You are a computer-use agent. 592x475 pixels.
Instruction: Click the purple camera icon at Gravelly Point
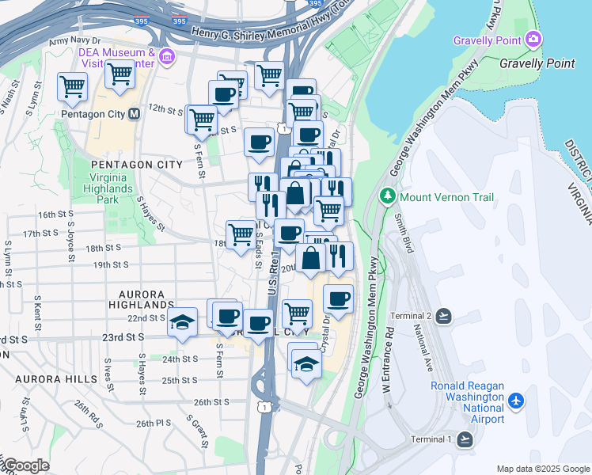(x=533, y=39)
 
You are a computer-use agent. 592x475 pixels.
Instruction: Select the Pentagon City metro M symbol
(x=134, y=114)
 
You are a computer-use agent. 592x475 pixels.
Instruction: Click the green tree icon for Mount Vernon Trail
(x=388, y=196)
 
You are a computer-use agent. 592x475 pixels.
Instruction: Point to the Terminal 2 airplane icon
(x=442, y=316)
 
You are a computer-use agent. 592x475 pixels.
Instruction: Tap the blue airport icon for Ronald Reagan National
(x=517, y=401)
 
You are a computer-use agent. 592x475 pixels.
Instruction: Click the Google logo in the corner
(x=25, y=465)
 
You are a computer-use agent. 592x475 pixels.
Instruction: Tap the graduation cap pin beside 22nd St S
(x=182, y=322)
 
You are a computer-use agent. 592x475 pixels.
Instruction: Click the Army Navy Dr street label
(x=75, y=40)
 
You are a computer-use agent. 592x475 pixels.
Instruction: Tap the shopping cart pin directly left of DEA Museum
(x=120, y=74)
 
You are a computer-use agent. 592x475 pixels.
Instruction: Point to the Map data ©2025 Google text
(x=542, y=469)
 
